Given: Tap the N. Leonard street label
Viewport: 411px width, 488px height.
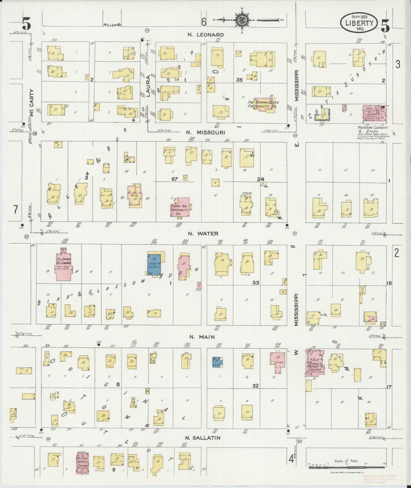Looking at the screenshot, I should pyautogui.click(x=206, y=35).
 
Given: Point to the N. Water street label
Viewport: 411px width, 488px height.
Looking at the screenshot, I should pyautogui.click(x=203, y=233).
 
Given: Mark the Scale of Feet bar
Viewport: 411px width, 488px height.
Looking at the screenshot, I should pyautogui.click(x=347, y=468).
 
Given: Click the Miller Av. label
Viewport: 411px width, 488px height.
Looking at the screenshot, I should pyautogui.click(x=112, y=25).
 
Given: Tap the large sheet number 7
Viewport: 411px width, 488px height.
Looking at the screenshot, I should pyautogui.click(x=16, y=210).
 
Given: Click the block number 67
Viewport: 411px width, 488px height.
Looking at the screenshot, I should pyautogui.click(x=174, y=179).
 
